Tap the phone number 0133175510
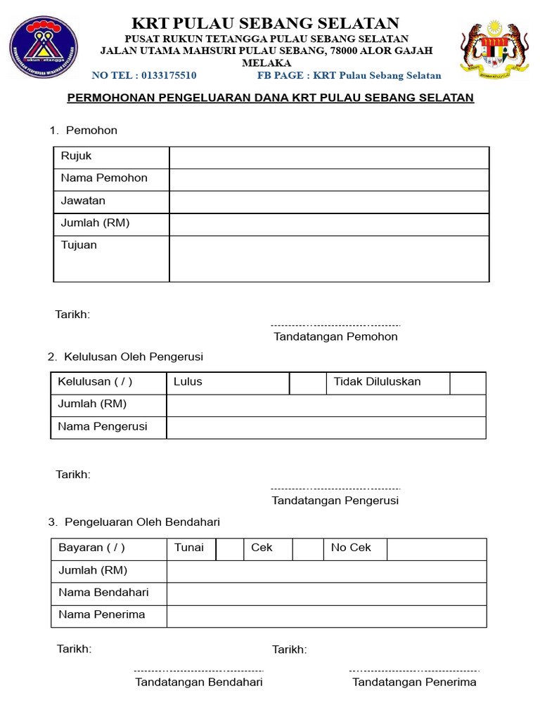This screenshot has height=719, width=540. tap(169, 75)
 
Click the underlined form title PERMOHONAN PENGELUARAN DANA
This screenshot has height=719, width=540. tap(270, 98)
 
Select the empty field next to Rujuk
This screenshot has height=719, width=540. tap(328, 157)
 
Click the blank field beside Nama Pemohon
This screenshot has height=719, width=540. tap(328, 180)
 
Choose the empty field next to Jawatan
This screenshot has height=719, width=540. tap(328, 202)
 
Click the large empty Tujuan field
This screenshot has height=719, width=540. tap(328, 258)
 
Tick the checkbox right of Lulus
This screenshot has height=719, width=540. tap(307, 383)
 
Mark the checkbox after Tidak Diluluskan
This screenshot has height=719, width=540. tap(468, 383)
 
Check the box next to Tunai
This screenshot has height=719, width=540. tap(229, 549)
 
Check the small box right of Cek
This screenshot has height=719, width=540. tap(307, 549)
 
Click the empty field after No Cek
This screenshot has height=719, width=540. tap(436, 549)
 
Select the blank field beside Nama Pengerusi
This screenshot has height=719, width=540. tap(326, 428)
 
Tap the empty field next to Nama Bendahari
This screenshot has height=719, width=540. tap(326, 593)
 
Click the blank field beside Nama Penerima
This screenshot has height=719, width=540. tap(326, 616)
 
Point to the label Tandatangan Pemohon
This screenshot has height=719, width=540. tap(335, 336)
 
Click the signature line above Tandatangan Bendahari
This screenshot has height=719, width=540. tap(199, 671)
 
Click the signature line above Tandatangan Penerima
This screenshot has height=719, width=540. tap(414, 671)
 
